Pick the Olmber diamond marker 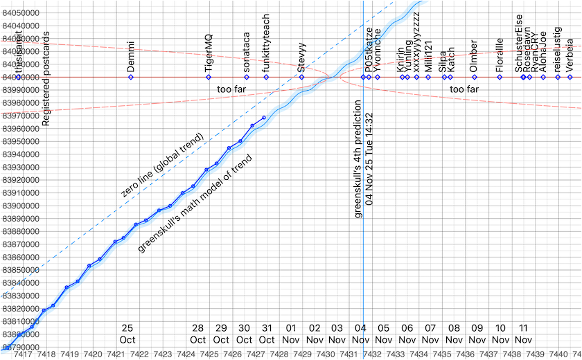[x=474, y=77]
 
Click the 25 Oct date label [x=127, y=334]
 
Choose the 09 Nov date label [x=477, y=334]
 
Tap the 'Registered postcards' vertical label [x=46, y=78]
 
